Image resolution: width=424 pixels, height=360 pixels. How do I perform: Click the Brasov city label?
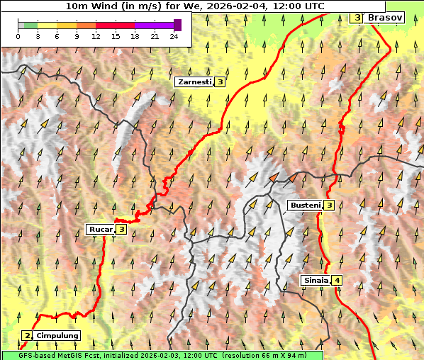(385, 17)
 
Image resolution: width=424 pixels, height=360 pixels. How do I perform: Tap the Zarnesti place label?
(194, 82)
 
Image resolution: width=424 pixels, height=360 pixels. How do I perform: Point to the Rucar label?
(101, 229)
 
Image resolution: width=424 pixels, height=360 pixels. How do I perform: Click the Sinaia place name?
(316, 280)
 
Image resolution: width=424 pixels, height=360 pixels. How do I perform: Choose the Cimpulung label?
(57, 335)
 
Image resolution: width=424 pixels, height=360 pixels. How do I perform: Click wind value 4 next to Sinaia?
(337, 280)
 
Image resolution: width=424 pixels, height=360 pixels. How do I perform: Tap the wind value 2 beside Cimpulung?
(27, 335)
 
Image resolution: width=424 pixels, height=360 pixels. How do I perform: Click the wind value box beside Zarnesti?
(221, 82)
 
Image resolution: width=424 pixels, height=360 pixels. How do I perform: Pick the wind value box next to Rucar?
(121, 229)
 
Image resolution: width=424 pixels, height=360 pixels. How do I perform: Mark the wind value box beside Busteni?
(330, 206)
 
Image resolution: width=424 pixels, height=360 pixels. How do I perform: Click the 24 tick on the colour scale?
(174, 35)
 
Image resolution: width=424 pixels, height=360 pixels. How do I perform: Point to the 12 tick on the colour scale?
(96, 35)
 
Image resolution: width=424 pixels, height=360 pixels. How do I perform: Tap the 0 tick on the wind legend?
(18, 35)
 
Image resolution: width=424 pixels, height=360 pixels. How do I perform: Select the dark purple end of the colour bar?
(177, 25)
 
